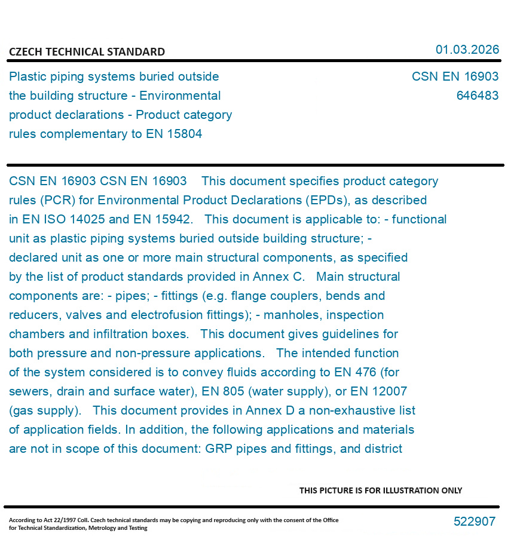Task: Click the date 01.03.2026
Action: (x=467, y=50)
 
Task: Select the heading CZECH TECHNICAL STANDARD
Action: (x=87, y=52)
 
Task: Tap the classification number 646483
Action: (x=477, y=96)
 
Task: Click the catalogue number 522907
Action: (x=474, y=522)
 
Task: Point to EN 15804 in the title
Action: (x=174, y=134)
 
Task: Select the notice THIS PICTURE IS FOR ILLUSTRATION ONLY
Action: (x=381, y=490)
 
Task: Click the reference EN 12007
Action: (x=377, y=391)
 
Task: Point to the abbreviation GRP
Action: (x=219, y=449)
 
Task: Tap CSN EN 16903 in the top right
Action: (x=455, y=77)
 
